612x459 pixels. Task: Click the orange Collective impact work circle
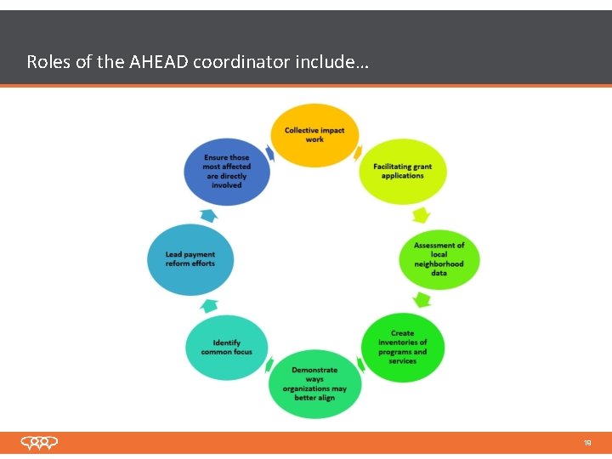314,135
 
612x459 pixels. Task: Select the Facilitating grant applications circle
403,171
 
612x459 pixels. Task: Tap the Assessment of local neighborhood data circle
439,259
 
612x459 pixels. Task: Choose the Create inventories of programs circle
403,348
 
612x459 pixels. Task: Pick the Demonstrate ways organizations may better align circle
314,383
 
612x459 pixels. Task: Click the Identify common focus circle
226,348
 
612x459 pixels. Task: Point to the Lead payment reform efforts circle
190,259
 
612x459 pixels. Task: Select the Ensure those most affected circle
226,171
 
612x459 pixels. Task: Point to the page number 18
586,443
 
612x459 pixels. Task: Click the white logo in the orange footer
40,443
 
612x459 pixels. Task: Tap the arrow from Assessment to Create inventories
421,299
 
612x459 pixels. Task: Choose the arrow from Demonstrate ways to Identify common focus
269,366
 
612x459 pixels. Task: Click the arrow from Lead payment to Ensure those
207,214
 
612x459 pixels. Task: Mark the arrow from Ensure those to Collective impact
269,153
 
